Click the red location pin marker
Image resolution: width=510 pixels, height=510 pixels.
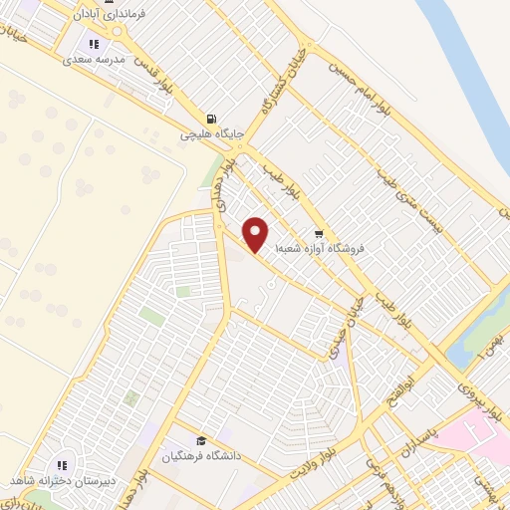[x=256, y=233]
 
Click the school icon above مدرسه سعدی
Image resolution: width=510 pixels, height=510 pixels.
[x=94, y=44]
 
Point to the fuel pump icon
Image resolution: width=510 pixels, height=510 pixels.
[x=210, y=116]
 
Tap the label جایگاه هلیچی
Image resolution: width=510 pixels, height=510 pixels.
[x=210, y=130]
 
